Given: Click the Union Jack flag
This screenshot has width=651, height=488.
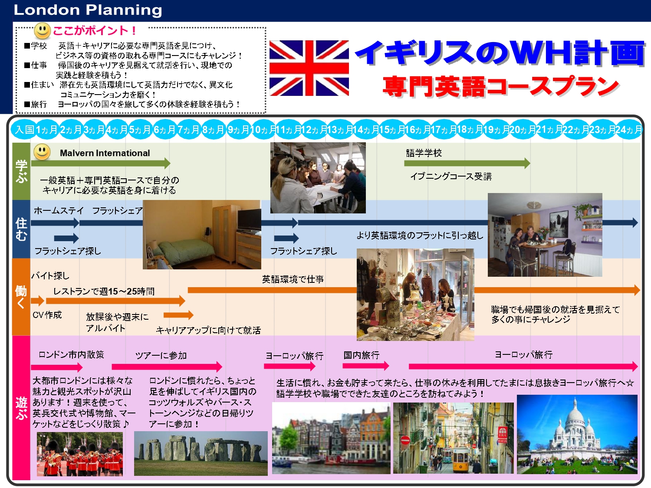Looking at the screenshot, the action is click(x=309, y=68).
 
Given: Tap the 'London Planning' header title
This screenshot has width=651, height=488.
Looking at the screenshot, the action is click(x=88, y=10).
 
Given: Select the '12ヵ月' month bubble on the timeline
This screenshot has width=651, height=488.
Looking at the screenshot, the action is click(x=314, y=130).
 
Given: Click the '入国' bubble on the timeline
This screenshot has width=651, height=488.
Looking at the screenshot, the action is click(x=24, y=130).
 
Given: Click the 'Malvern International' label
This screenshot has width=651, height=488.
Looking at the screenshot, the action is click(x=105, y=153).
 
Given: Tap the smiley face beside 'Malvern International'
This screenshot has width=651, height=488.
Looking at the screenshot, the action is click(x=42, y=152).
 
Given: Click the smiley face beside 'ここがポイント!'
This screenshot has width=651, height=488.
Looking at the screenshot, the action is click(x=43, y=31).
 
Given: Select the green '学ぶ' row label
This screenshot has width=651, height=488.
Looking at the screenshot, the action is click(x=21, y=171).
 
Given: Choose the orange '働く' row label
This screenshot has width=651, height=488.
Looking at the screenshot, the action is click(x=21, y=297).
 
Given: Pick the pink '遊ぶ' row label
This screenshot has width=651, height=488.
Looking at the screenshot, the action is click(x=21, y=408).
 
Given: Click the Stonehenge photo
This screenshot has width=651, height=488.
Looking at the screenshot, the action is click(x=201, y=453).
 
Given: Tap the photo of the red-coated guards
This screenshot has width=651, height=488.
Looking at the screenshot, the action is click(x=80, y=454).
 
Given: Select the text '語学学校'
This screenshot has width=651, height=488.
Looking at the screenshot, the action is click(x=424, y=153).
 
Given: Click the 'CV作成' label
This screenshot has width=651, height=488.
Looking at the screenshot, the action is click(x=47, y=314).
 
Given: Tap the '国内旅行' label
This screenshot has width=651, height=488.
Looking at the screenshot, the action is click(x=361, y=355).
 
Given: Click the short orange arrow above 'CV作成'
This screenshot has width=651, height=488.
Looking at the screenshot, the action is click(x=38, y=301).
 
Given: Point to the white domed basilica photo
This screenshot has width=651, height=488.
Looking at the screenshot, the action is click(x=577, y=434).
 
